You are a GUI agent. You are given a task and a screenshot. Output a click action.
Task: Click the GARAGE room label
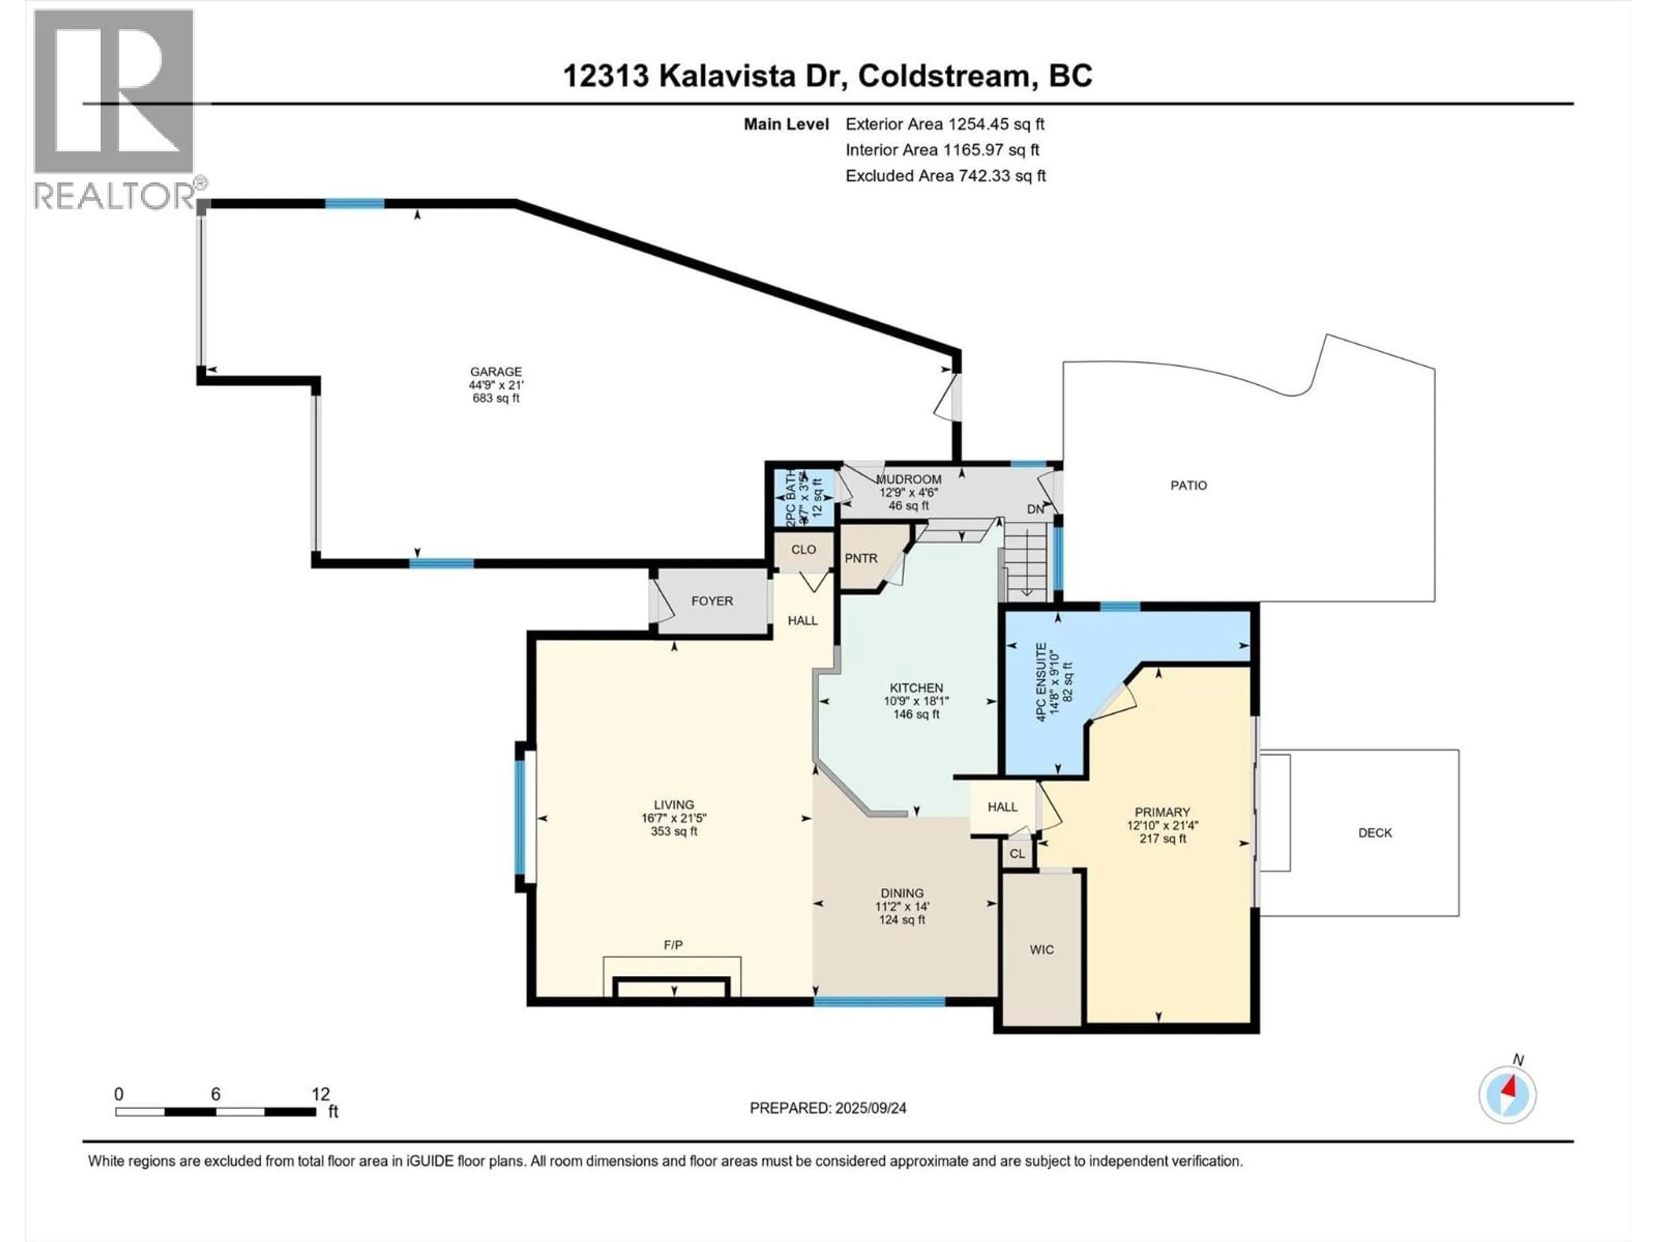point(496,371)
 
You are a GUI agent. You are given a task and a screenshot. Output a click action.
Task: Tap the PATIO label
point(1188,485)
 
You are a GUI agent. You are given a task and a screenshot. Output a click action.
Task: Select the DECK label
point(1374,832)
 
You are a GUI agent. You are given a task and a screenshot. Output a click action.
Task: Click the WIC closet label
point(1041,949)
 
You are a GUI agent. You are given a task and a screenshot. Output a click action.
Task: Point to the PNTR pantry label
point(860,558)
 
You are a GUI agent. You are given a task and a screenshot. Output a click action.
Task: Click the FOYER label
point(712,601)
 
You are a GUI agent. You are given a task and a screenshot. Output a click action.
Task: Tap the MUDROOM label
point(908,479)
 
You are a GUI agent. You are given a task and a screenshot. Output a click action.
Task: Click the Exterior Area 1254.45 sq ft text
point(945,124)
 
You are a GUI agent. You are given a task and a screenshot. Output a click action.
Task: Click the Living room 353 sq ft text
point(674,831)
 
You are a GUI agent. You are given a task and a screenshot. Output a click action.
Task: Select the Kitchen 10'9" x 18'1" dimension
point(916,702)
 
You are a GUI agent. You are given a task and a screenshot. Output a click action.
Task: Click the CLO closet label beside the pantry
point(803,549)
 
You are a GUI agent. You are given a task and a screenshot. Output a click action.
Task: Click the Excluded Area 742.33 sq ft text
point(945,176)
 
